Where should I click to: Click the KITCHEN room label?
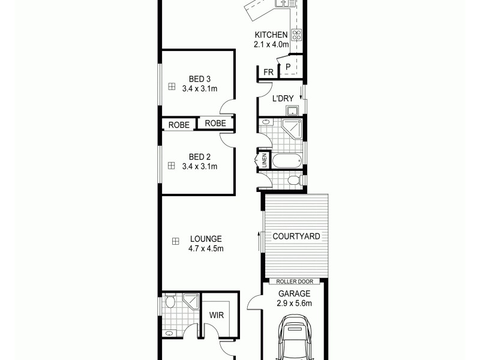272,35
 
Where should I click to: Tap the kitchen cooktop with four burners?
296,35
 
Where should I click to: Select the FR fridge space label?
268,72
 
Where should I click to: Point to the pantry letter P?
288,67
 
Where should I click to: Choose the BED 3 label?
199,79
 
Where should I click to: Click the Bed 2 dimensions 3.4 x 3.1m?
199,166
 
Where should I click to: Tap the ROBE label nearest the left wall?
179,125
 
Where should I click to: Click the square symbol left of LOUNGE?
176,241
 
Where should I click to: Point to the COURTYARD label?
296,236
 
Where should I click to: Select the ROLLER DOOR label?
295,281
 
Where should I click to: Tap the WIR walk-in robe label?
217,314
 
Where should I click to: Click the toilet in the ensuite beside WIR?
171,301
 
